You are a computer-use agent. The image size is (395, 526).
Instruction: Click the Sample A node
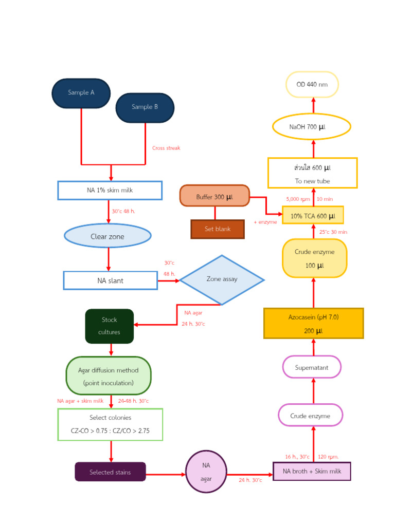[x=81, y=93]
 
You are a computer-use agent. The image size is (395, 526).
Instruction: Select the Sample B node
[x=145, y=107]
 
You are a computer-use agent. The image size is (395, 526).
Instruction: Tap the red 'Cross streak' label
[x=166, y=148]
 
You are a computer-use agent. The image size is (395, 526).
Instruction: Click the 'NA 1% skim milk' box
[x=110, y=190]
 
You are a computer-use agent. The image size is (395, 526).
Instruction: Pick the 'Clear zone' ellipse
[x=107, y=236]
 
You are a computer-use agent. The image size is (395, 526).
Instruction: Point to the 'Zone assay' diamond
[x=222, y=279]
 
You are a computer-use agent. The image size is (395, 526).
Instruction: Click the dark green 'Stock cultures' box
[x=110, y=326]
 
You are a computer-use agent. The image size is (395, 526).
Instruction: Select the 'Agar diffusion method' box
[x=109, y=376]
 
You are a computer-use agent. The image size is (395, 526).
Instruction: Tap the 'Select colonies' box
[x=110, y=424]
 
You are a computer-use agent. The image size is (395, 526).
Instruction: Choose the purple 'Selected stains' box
[x=110, y=472]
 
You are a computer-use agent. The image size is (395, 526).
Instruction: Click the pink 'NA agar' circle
[x=206, y=472]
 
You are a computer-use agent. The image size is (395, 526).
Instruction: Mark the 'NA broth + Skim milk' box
[x=312, y=471]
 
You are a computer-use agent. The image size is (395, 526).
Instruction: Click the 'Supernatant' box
[x=312, y=367]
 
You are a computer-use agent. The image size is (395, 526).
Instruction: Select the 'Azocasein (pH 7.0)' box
[x=313, y=324]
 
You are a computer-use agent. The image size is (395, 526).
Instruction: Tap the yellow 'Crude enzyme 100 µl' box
[x=314, y=258]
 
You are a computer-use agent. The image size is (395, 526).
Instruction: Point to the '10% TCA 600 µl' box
[x=313, y=216]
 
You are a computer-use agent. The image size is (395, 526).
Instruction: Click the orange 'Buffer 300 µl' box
[x=214, y=196]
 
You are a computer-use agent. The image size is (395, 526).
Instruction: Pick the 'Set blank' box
[x=218, y=229]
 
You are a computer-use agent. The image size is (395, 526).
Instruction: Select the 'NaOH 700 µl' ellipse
[x=311, y=127]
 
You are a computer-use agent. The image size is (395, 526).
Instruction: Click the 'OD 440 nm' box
[x=312, y=85]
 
